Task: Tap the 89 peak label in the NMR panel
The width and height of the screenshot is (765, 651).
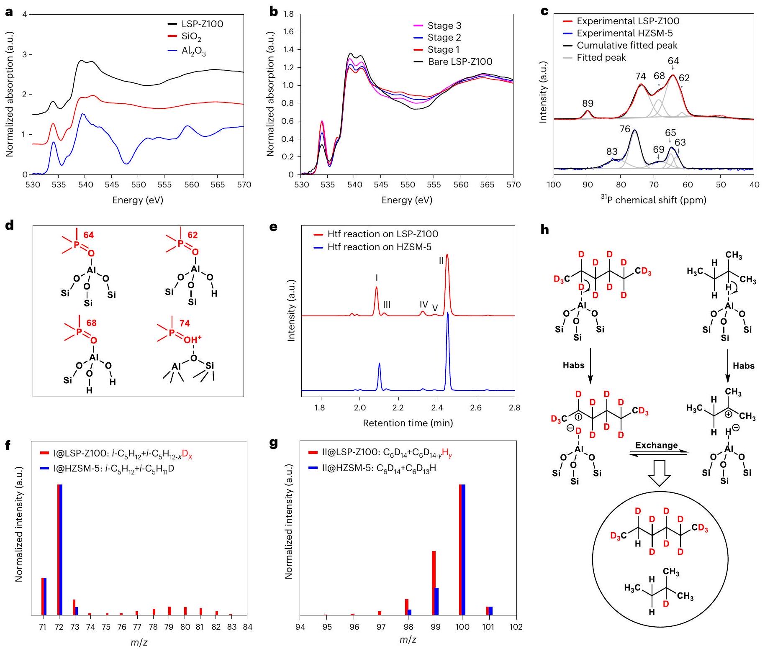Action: point(588,103)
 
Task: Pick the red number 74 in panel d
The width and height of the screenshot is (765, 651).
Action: point(184,323)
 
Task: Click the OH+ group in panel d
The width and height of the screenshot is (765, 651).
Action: point(193,339)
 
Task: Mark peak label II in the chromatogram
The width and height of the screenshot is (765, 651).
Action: point(441,261)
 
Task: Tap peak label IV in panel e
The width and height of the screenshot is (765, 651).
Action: point(424,304)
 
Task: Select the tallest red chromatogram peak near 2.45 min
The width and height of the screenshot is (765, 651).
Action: point(447,256)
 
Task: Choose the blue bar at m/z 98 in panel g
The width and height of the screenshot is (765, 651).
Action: point(410,612)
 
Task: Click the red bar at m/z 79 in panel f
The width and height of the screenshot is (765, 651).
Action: point(169,610)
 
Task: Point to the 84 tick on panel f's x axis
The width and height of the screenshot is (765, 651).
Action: point(247,627)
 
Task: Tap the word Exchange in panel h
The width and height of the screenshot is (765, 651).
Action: point(656,445)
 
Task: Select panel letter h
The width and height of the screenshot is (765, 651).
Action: point(544,231)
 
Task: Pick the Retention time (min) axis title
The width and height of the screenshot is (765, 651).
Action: point(408,423)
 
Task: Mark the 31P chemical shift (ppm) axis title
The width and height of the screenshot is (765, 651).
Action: point(653,200)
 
